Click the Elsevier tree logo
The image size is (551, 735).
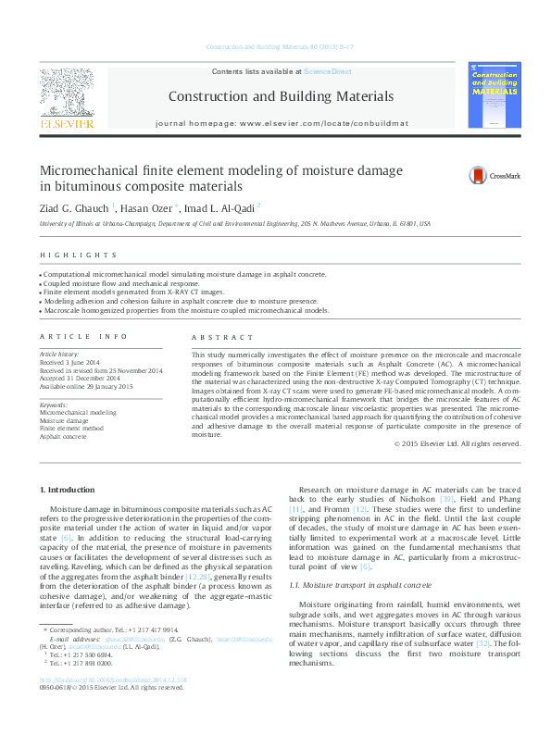click(x=66, y=93)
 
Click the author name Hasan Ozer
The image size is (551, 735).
click(x=147, y=207)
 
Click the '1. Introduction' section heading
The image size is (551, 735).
click(x=67, y=489)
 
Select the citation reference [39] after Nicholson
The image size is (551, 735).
click(x=448, y=500)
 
